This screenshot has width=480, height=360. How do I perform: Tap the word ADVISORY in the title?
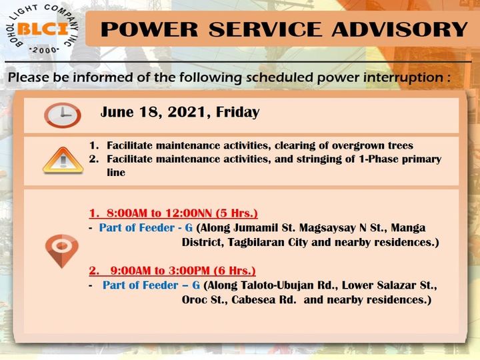coord(400,29)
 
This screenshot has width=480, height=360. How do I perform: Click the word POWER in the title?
coord(149,29)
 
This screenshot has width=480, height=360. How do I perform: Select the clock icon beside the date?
coord(63,115)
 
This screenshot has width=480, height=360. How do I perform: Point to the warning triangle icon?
coord(63,161)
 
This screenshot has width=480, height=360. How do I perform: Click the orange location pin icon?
coord(62,251)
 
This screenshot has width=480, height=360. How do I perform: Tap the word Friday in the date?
coord(238,113)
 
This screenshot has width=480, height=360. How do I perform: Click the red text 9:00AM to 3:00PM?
coord(160,271)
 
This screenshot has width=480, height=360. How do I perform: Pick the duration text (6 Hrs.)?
coord(235,271)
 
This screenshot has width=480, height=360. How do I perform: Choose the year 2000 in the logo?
coord(45,50)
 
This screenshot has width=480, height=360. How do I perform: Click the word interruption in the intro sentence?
coord(403,77)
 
